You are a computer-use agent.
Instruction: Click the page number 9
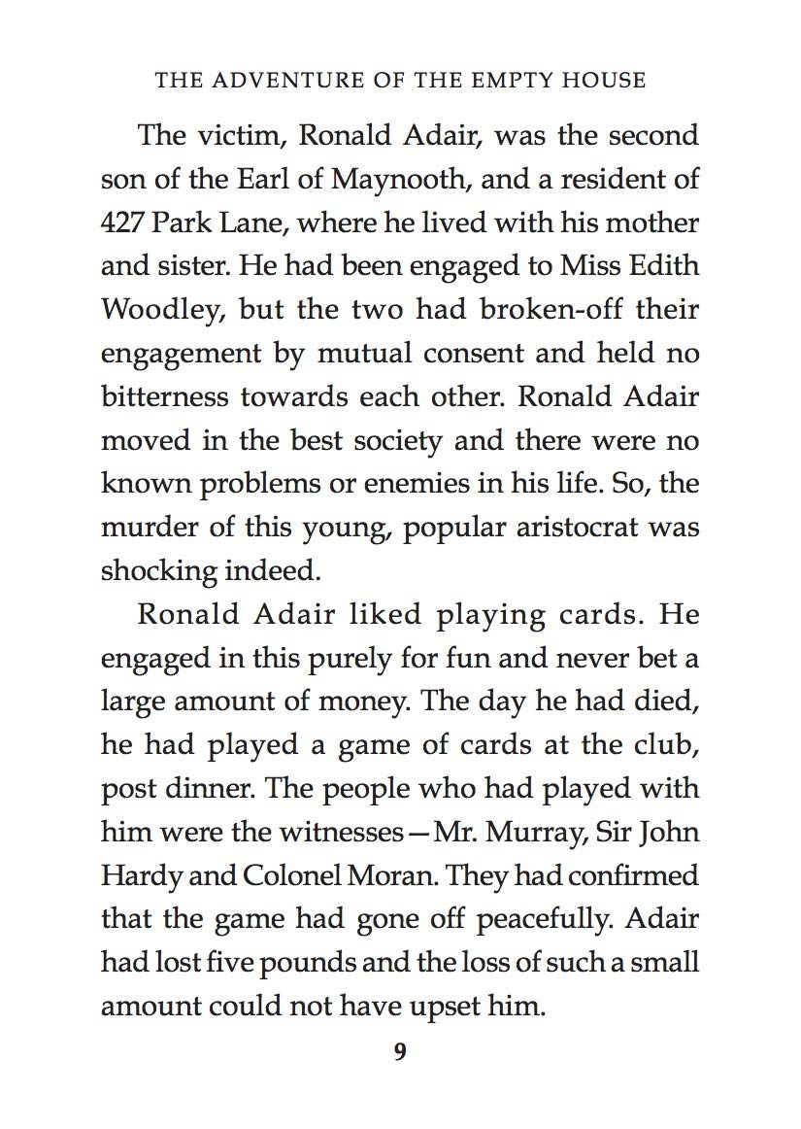tap(400, 1053)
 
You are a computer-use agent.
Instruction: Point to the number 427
tap(123, 222)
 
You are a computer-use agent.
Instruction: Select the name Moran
tap(373, 875)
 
